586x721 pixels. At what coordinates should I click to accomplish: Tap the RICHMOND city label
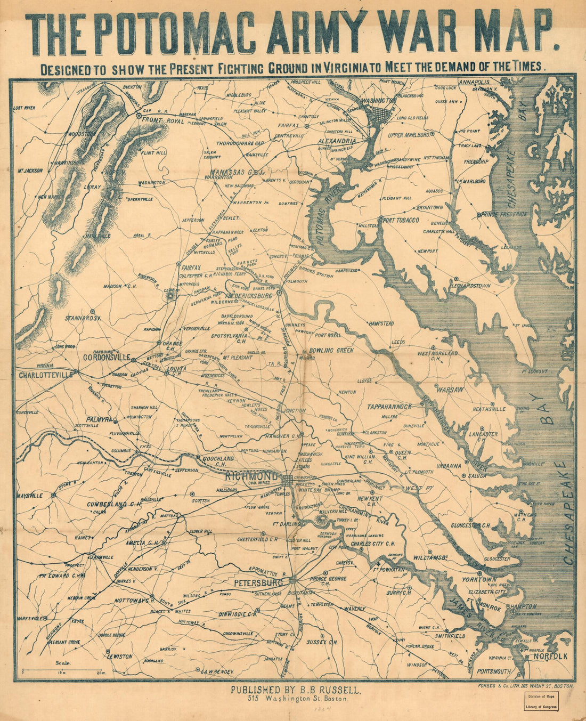251,475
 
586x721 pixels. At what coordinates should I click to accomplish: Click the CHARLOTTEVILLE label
46,375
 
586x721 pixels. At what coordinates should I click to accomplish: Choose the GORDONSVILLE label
107,358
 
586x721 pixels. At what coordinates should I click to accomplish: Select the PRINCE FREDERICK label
504,214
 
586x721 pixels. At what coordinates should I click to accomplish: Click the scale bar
64,669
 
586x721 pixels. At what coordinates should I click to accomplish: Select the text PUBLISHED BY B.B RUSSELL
296,690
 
